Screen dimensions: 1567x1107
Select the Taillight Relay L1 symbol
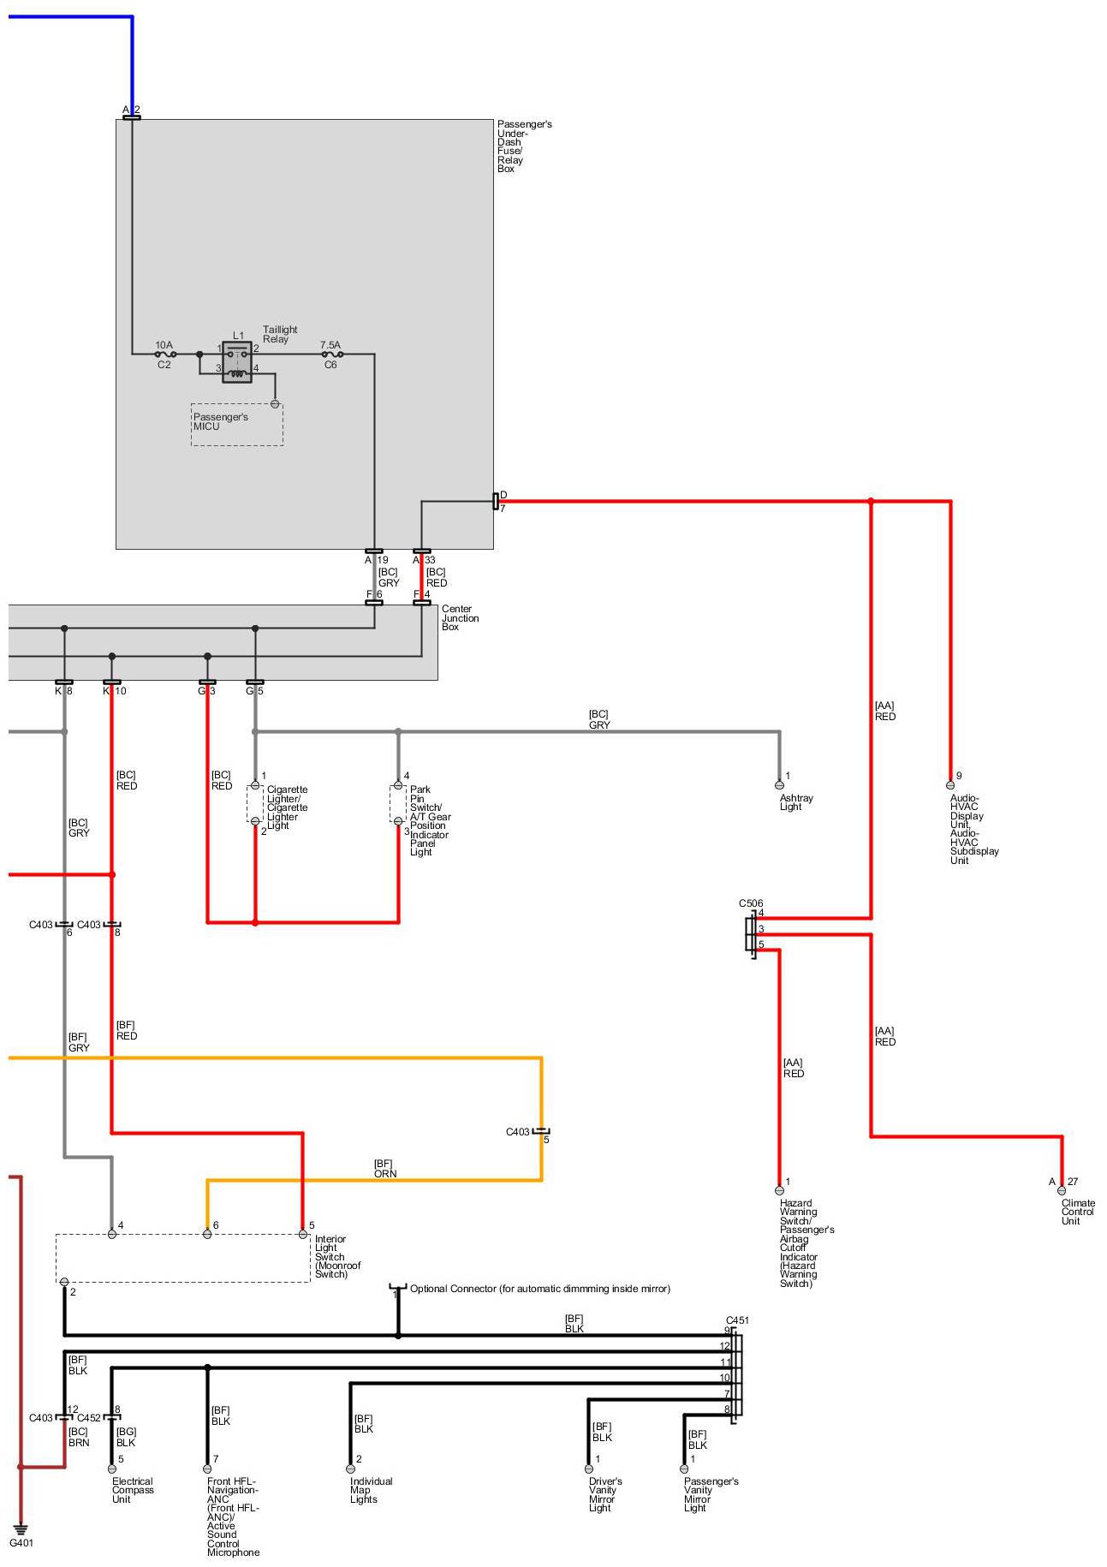click(236, 361)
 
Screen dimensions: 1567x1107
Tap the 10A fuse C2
click(165, 354)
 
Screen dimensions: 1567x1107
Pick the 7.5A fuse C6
click(331, 354)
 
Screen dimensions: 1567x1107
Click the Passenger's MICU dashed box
click(236, 424)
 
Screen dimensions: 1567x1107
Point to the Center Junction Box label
click(460, 618)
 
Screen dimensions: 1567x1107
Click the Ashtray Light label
click(795, 802)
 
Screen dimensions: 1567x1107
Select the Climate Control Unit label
click(1077, 1212)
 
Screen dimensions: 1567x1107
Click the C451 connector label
click(737, 1320)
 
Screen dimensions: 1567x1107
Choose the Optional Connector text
click(539, 1289)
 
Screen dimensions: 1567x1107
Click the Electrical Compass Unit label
click(132, 1490)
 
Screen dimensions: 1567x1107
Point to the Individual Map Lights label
click(371, 1490)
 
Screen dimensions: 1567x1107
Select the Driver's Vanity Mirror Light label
click(604, 1494)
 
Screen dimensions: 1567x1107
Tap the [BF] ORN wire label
click(384, 1169)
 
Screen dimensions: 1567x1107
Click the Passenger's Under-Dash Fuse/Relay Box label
click(523, 146)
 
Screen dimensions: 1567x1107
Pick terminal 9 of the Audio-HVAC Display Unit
click(950, 784)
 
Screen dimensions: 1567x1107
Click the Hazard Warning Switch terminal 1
click(779, 1189)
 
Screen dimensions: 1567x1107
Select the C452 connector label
click(89, 1418)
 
